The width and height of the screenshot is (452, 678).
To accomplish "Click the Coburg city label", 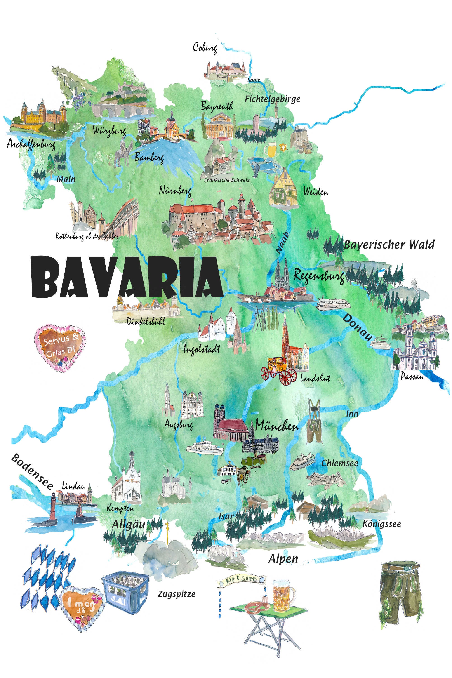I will click(205, 47).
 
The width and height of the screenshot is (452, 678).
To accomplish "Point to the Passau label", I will click(412, 377).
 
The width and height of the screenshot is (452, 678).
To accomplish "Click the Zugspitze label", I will click(176, 594).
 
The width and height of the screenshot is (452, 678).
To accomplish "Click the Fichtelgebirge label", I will click(272, 99).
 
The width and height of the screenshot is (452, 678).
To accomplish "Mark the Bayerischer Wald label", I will click(389, 245).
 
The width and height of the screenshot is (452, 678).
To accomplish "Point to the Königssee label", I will click(381, 524).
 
